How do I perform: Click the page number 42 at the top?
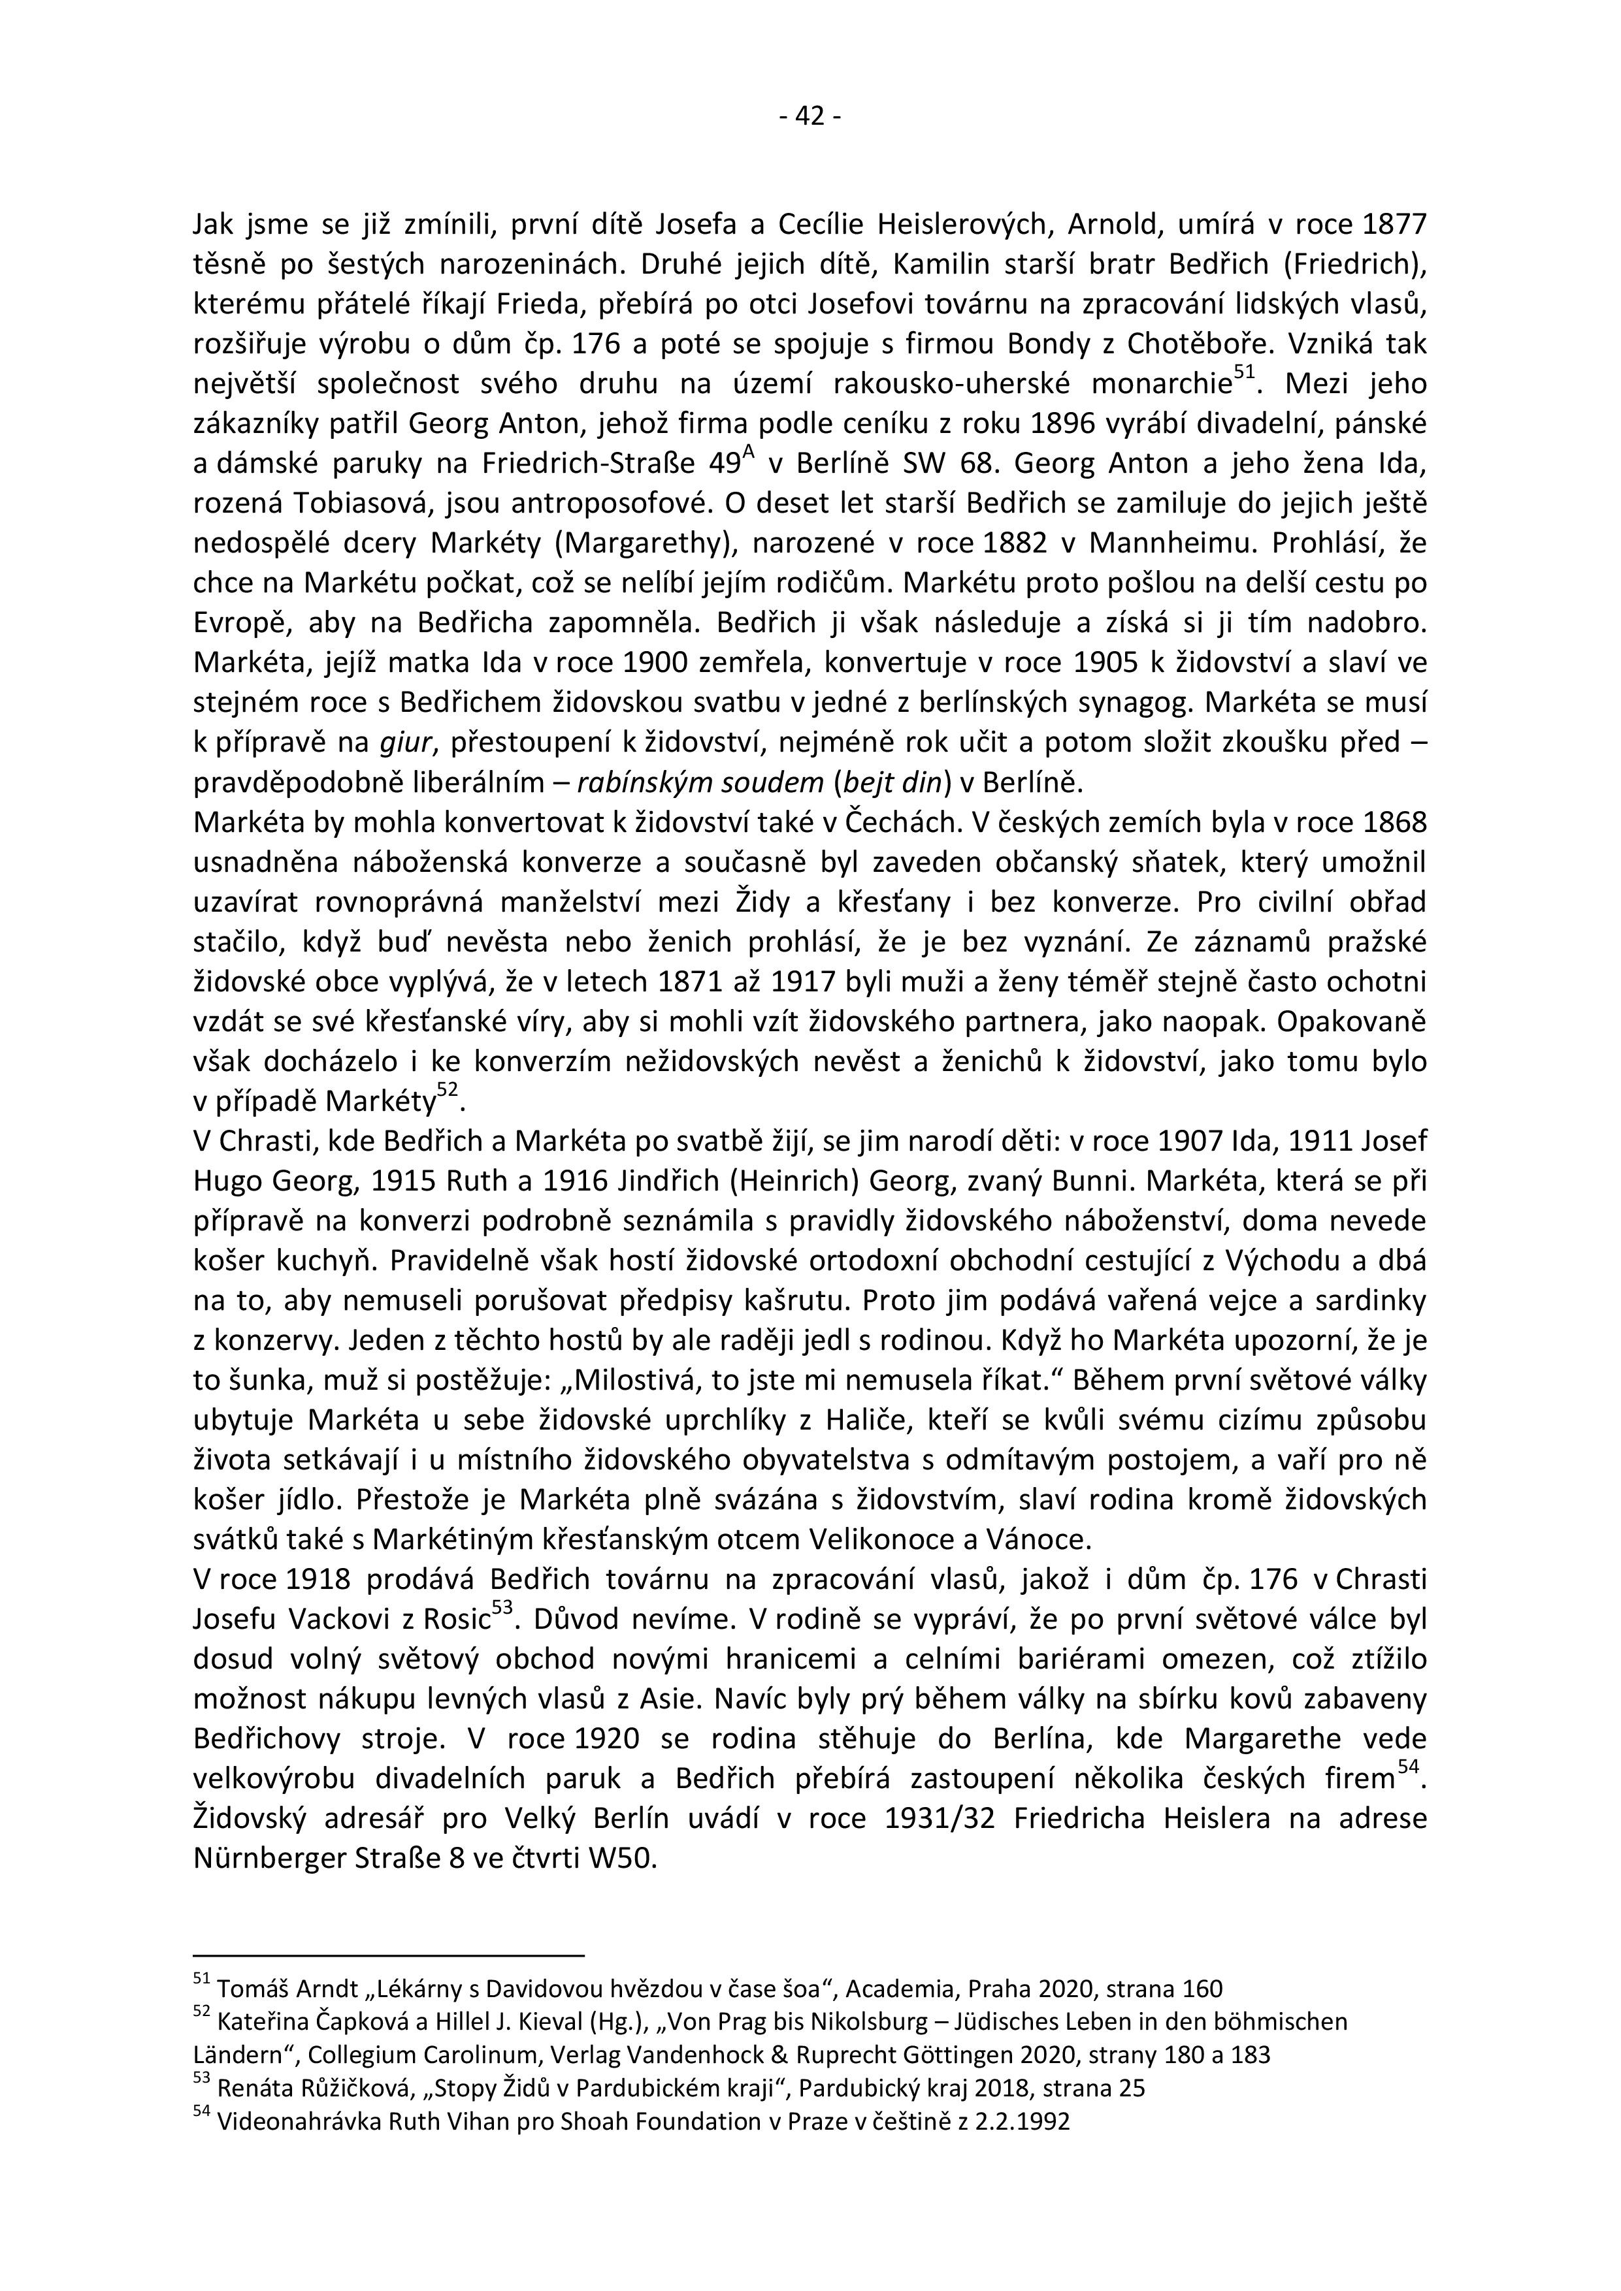(810, 117)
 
